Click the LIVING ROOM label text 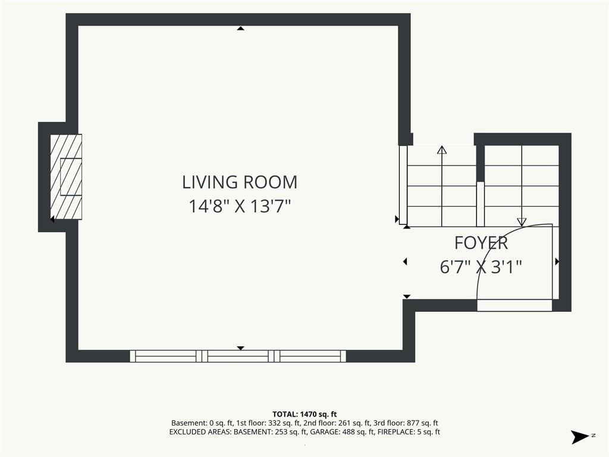click(240, 182)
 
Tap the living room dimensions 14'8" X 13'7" click(240, 206)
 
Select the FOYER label click(481, 243)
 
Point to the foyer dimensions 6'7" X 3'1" click(481, 267)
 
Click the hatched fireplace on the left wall click(66, 177)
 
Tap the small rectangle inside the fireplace click(71, 177)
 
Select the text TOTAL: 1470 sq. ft click(304, 414)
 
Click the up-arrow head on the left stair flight click(442, 150)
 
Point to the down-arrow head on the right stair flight click(522, 222)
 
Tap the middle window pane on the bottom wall click(238, 356)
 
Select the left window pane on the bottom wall click(166, 356)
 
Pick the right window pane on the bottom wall click(310, 356)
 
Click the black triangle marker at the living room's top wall click(241, 29)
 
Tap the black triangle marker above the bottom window click(241, 348)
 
